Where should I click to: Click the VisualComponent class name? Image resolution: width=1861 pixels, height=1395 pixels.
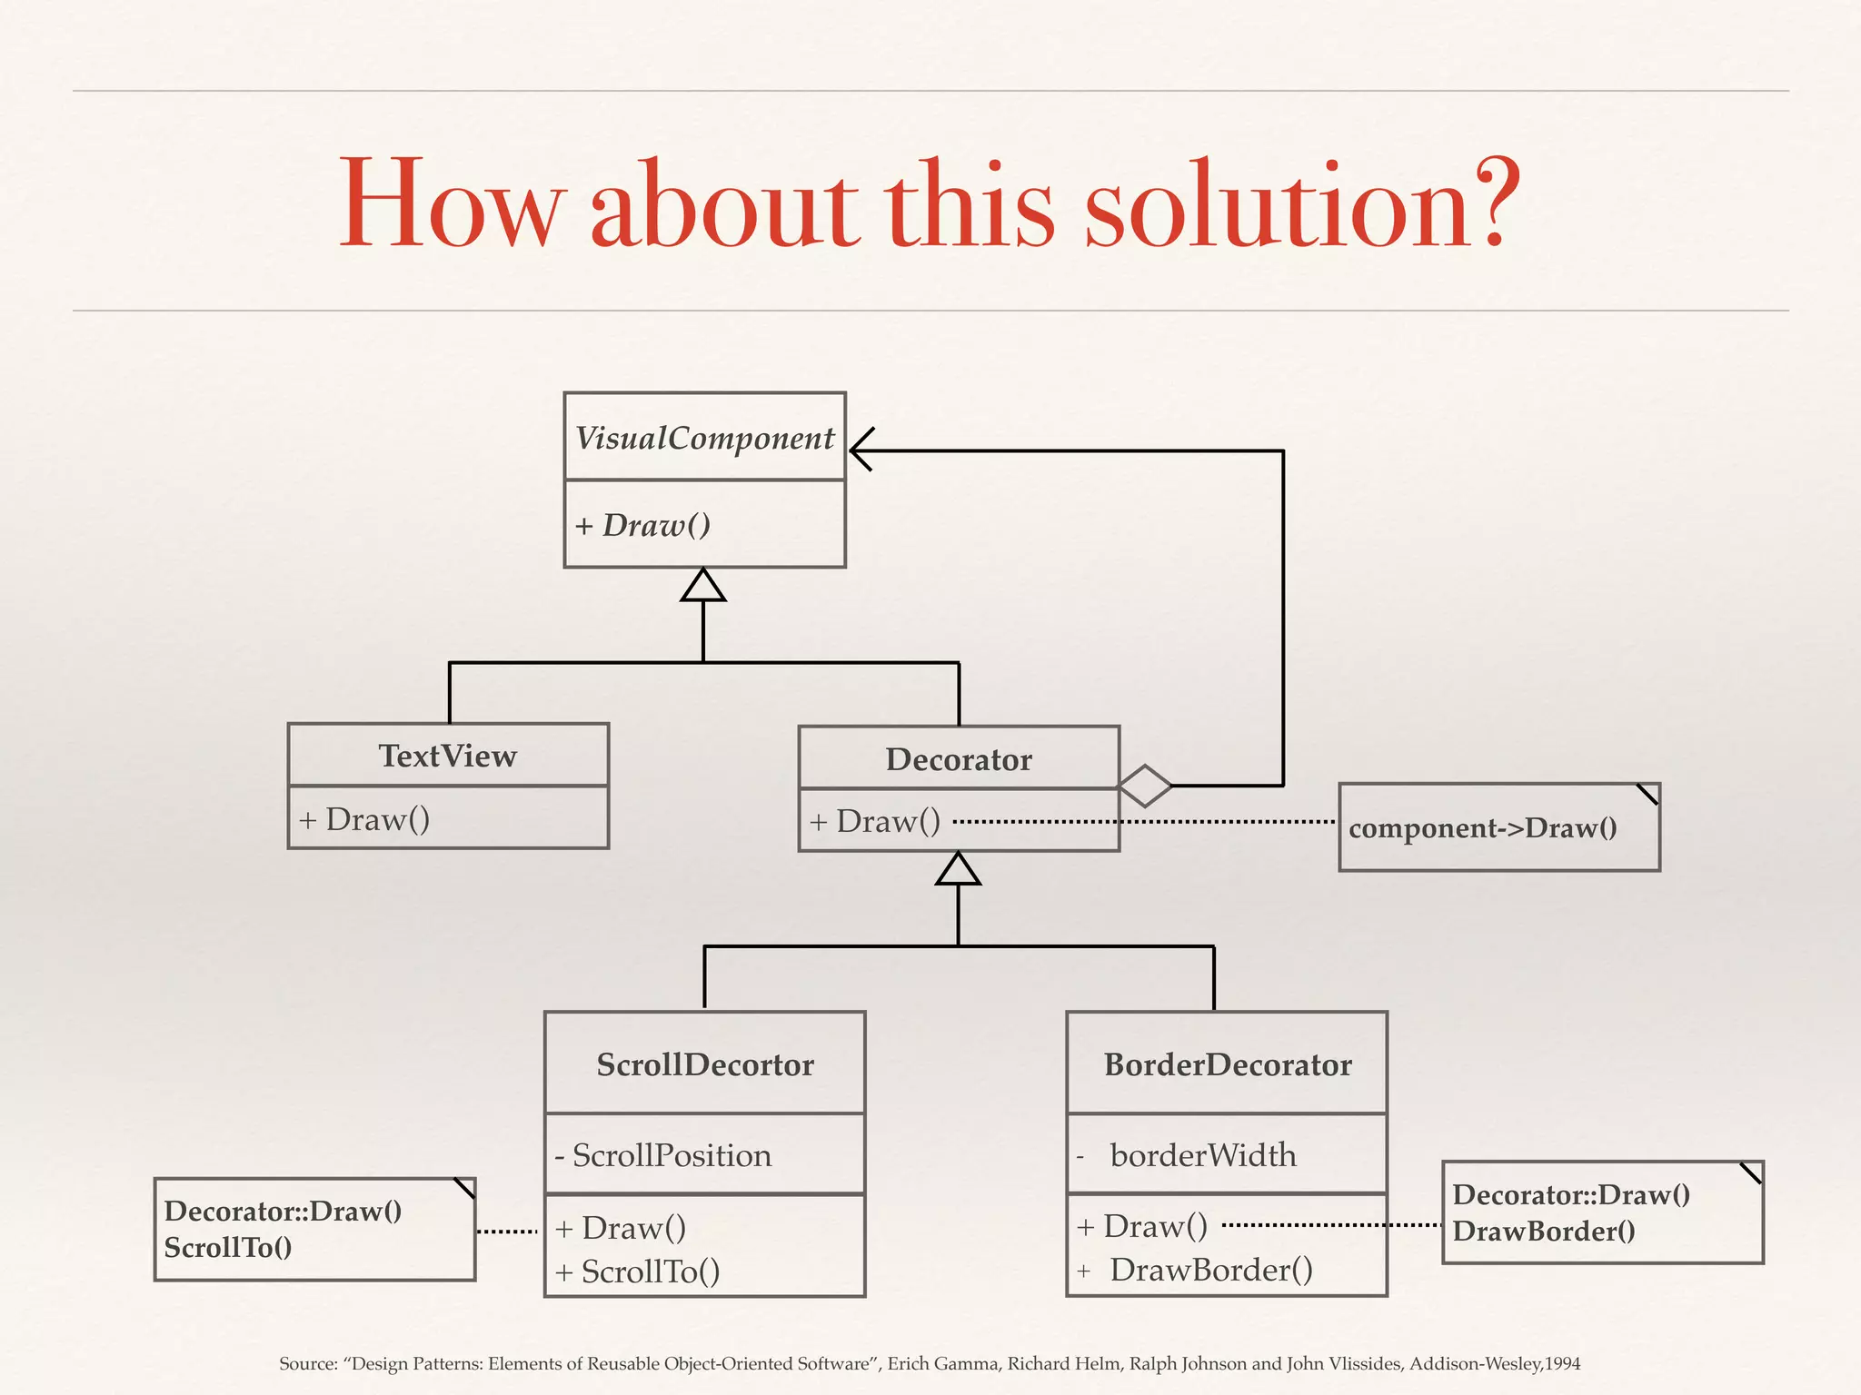point(704,439)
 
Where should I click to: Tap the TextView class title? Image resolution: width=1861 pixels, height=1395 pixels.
point(447,756)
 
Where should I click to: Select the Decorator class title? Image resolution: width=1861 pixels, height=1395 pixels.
point(959,759)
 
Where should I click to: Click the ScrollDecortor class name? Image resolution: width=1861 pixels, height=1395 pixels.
point(704,1064)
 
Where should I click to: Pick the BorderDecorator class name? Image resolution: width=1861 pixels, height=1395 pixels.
point(1227,1064)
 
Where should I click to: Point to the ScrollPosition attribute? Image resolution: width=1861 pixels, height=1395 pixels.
point(672,1155)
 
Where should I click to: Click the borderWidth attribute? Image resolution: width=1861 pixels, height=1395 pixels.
point(1203,1155)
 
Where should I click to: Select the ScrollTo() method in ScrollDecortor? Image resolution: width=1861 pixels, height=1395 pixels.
point(650,1271)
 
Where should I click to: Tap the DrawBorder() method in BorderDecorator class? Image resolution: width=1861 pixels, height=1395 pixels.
point(1210,1270)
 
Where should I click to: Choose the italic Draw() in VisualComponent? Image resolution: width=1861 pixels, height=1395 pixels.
point(656,525)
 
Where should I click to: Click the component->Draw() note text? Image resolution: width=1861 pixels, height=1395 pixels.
point(1483,828)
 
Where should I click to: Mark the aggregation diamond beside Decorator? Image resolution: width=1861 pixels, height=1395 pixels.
point(1145,786)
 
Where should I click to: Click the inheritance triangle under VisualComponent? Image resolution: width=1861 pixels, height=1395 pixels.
point(703,586)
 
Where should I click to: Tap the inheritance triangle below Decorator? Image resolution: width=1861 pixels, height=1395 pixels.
point(959,869)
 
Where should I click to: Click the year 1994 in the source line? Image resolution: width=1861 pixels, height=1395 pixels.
point(1562,1363)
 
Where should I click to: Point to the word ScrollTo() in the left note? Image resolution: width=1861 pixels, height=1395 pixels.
point(228,1248)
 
